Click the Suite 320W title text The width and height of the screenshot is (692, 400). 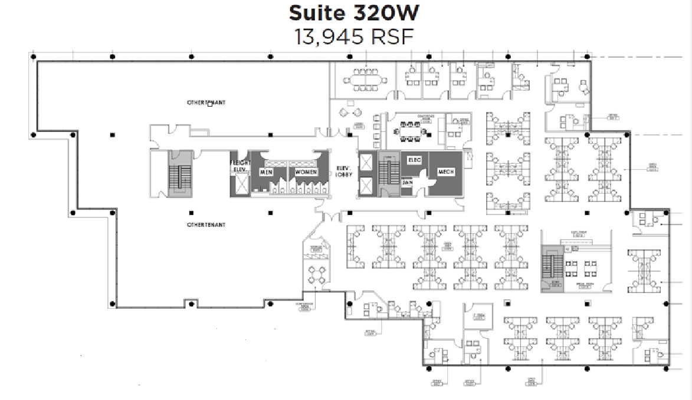pyautogui.click(x=354, y=12)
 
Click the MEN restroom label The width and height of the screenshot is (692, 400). pyautogui.click(x=265, y=172)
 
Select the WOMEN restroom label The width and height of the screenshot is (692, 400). pyautogui.click(x=307, y=172)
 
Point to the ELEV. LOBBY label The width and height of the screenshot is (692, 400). pyautogui.click(x=343, y=170)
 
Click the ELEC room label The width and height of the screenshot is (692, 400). pyautogui.click(x=414, y=160)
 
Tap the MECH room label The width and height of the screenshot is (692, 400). pyautogui.click(x=445, y=172)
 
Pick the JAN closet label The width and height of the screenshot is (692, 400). pyautogui.click(x=408, y=183)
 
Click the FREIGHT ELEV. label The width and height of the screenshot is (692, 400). pyautogui.click(x=240, y=166)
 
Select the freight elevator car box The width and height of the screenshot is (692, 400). pyautogui.click(x=241, y=184)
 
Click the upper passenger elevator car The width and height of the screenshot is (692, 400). pyautogui.click(x=366, y=163)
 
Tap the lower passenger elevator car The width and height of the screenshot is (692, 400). pyautogui.click(x=366, y=186)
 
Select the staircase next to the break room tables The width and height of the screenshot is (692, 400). pyautogui.click(x=552, y=268)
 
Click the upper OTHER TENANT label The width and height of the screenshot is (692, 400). pyautogui.click(x=206, y=103)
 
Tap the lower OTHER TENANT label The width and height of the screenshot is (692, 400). pyautogui.click(x=206, y=225)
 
